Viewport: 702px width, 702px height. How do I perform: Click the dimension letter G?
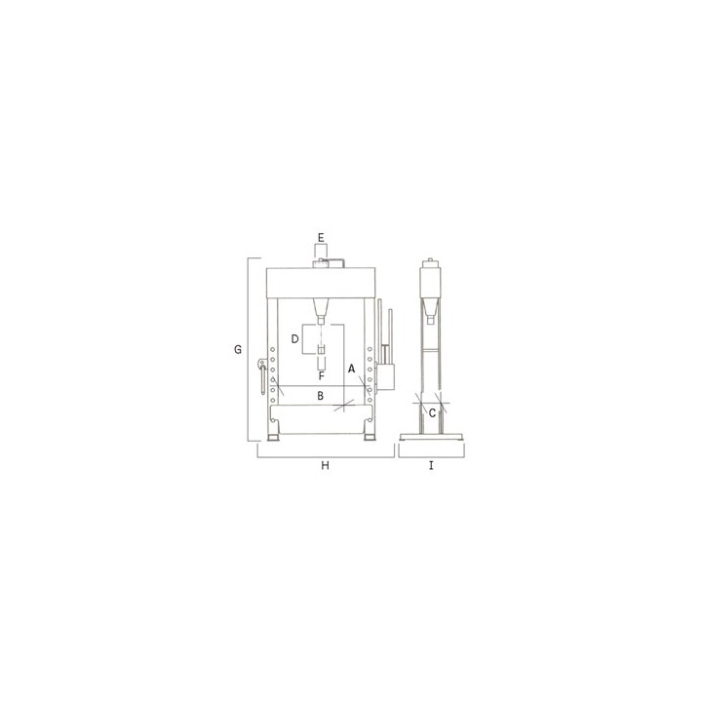[x=238, y=349]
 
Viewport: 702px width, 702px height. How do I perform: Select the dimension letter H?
[x=325, y=466]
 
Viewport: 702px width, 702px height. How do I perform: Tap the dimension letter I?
[x=431, y=466]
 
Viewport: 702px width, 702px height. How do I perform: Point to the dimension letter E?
[x=321, y=237]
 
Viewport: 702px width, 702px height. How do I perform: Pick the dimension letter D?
[x=294, y=339]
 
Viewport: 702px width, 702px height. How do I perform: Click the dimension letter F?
[x=321, y=376]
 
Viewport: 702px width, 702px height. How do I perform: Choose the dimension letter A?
[x=351, y=369]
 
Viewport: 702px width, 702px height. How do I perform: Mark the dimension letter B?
[x=320, y=396]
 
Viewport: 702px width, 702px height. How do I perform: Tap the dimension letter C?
[x=432, y=413]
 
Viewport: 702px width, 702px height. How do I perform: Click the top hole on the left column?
[x=272, y=349]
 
